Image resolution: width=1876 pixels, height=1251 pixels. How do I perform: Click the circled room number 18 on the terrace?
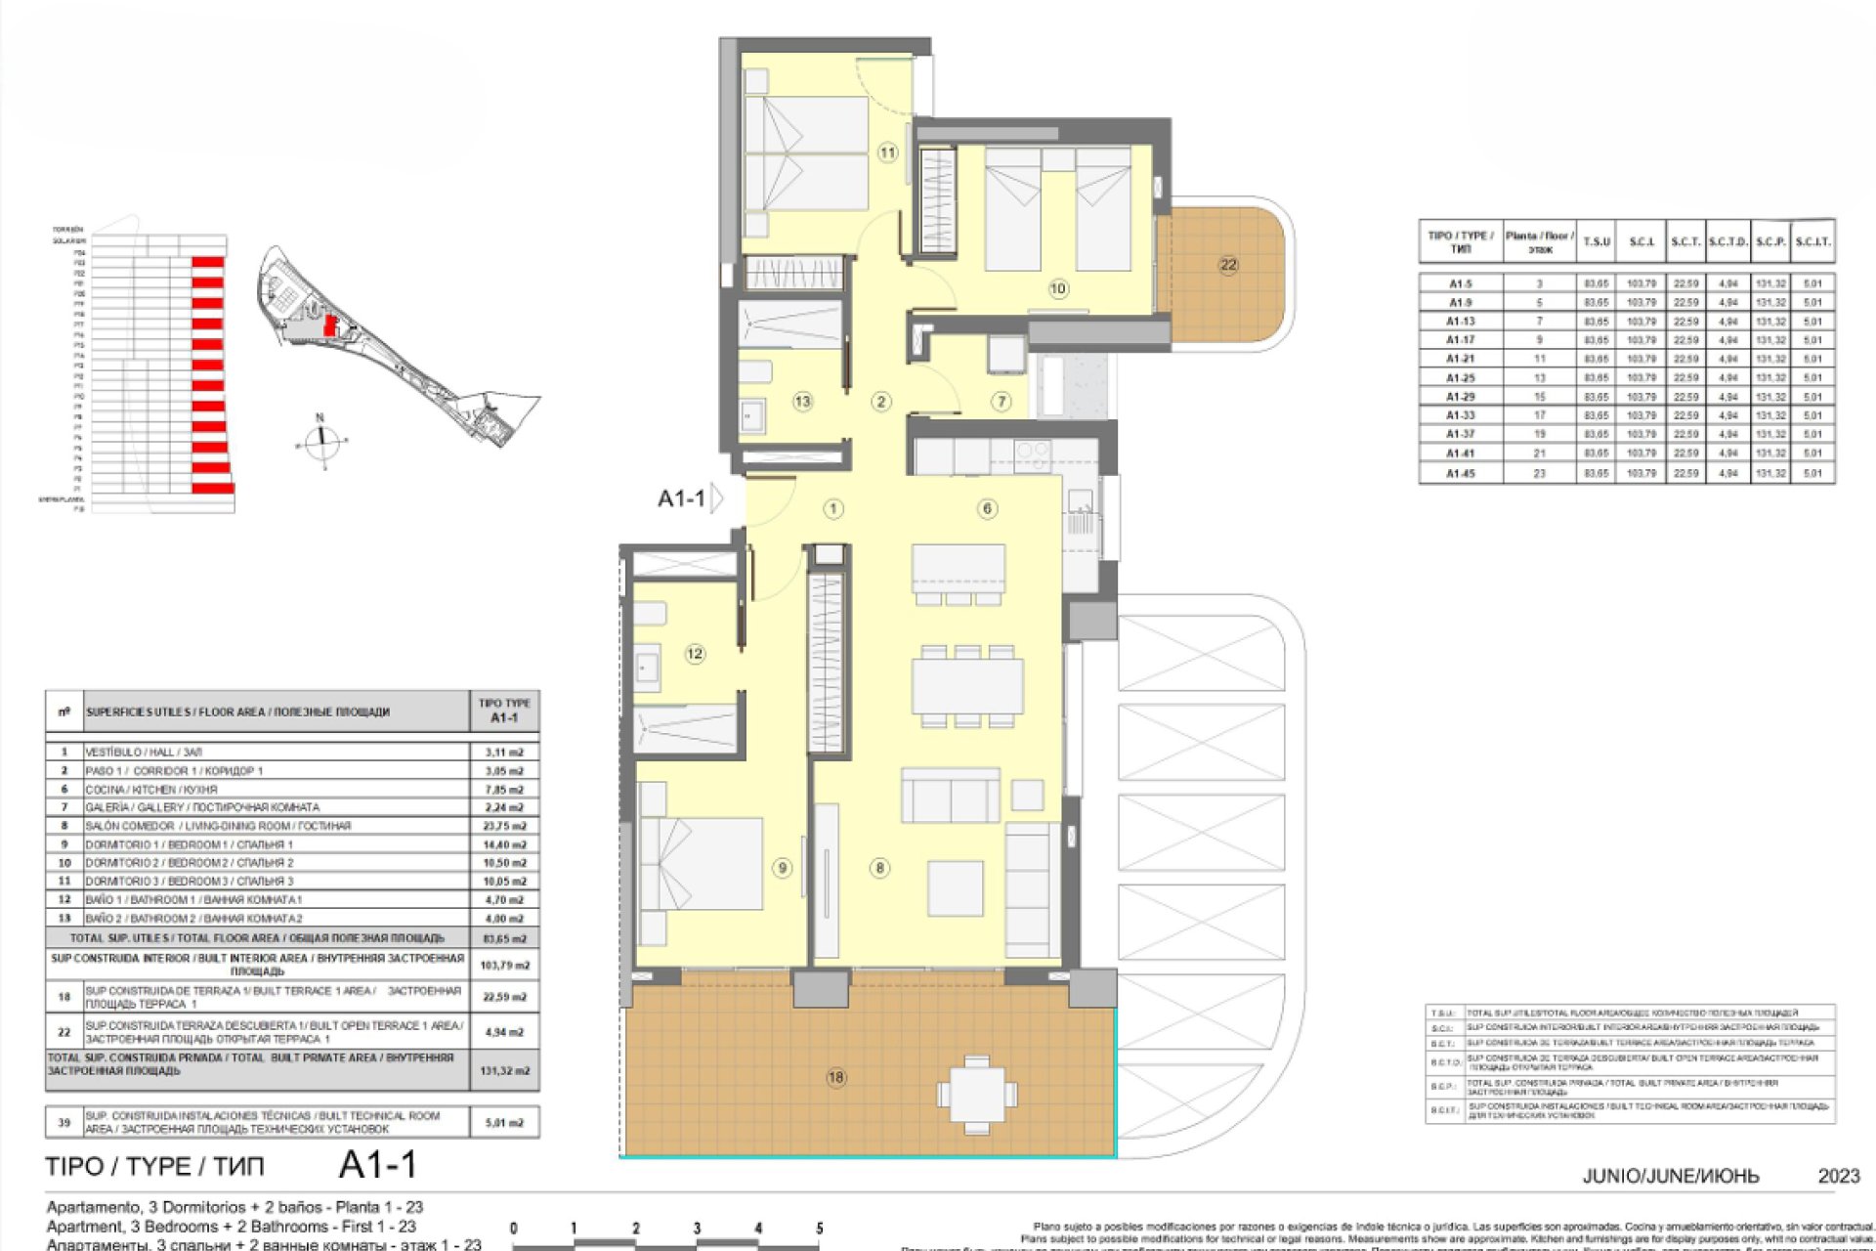(835, 1077)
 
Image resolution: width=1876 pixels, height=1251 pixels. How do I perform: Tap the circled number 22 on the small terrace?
(1228, 265)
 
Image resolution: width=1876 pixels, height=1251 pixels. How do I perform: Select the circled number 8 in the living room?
(879, 868)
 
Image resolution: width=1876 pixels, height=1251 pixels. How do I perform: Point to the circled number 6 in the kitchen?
(987, 508)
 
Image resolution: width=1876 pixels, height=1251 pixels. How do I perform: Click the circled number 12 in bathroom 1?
(695, 654)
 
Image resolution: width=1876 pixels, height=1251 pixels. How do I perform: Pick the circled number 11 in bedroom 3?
(887, 152)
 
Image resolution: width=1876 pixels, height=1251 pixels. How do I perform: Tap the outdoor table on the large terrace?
(976, 1094)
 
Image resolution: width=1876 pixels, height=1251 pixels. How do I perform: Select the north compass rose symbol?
(320, 443)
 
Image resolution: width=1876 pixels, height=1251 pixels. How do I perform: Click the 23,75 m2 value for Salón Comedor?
(504, 826)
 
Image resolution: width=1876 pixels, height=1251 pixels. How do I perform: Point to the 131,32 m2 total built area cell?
(504, 1070)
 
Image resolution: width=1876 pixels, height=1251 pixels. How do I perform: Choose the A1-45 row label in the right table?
(1460, 473)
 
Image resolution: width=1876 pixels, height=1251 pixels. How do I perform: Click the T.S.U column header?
(1597, 241)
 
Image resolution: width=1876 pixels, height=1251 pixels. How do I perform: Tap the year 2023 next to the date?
(1838, 1176)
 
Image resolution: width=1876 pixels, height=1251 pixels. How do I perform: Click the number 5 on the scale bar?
(819, 1229)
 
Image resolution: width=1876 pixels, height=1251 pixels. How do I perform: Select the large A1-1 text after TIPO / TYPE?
(377, 1165)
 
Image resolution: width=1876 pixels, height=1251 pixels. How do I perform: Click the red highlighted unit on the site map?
(330, 325)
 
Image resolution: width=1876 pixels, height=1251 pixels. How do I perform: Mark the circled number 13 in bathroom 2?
(802, 401)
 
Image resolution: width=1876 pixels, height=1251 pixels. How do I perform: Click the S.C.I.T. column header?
(1812, 241)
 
